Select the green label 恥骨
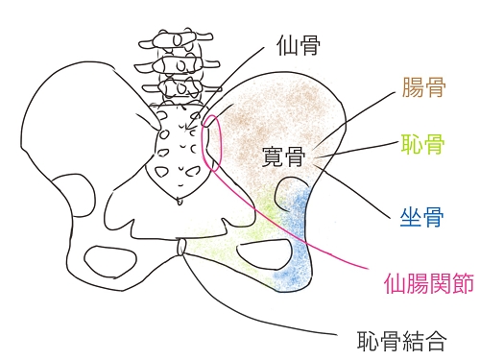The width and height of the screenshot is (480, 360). point(421,147)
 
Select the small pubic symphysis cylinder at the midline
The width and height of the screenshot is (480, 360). point(180,249)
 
